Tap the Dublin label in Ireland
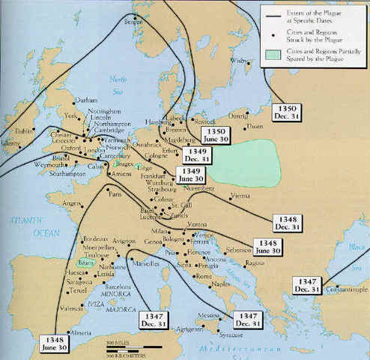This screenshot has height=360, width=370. click(23, 130)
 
